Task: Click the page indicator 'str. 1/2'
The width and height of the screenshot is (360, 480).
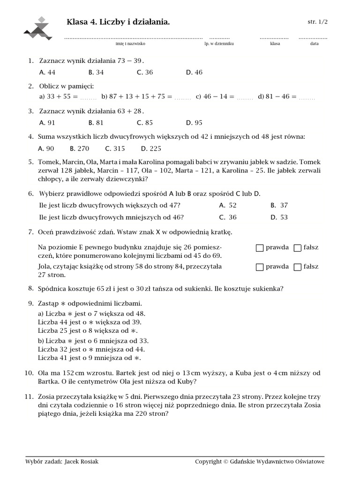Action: tap(317, 22)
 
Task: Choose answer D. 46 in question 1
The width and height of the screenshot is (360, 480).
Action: tap(194, 72)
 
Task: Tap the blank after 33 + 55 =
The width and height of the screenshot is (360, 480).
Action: tap(88, 97)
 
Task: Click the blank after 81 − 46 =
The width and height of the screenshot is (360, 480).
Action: tap(307, 97)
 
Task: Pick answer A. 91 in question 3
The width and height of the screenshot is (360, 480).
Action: tap(47, 123)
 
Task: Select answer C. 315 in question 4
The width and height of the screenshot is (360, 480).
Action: tap(115, 149)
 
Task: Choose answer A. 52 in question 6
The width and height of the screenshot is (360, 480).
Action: tap(227, 205)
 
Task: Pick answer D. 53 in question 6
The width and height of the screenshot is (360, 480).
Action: tap(279, 217)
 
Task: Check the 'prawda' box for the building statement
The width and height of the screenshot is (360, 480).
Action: tap(260, 248)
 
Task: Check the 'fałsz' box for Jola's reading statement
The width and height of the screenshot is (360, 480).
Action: tap(297, 267)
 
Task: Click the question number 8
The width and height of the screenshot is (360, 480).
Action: tap(30, 288)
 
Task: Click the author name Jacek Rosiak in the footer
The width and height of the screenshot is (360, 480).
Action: tap(82, 462)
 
